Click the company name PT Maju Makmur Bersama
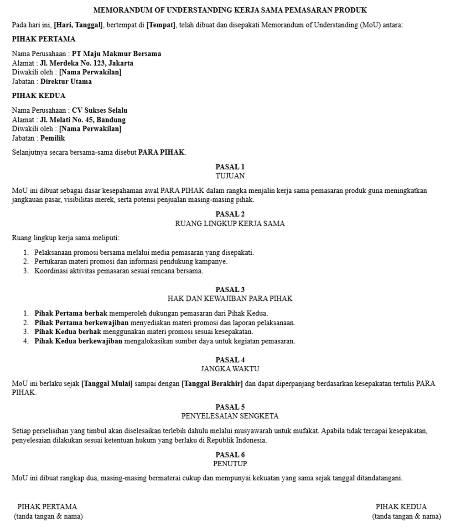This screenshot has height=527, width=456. tap(116, 53)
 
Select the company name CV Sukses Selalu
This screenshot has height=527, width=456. tap(99, 110)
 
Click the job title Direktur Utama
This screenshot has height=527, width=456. tap(66, 82)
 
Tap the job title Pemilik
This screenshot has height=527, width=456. tap(52, 138)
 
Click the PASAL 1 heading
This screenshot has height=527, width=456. tap(230, 167)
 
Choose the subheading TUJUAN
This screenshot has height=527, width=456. tap(230, 176)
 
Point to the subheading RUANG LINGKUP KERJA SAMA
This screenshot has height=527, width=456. tap(230, 224)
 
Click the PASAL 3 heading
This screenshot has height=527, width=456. tap(230, 289)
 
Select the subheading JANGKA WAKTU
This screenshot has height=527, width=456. tap(230, 369)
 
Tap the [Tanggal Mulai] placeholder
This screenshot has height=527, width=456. tap(107, 384)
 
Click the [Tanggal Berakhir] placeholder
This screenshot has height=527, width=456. tap(212, 384)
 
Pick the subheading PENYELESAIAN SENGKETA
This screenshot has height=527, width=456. tap(230, 416)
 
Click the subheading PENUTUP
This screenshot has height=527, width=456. tap(230, 464)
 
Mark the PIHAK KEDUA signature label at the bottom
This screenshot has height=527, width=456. tap(401, 506)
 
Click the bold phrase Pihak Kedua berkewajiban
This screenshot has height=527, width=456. tap(78, 341)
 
